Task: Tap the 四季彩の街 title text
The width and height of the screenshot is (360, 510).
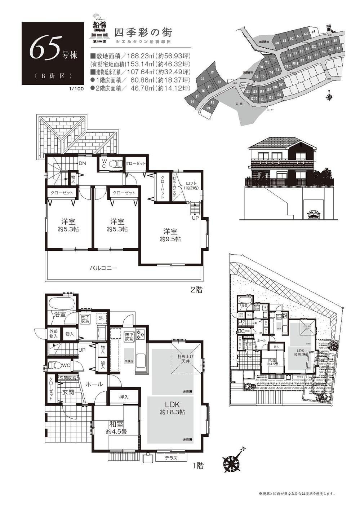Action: click(143, 32)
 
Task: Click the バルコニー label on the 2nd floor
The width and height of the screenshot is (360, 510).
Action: click(103, 268)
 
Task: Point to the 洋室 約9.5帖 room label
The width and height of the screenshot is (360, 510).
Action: click(170, 235)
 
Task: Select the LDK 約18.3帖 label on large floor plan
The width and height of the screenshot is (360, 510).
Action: click(172, 408)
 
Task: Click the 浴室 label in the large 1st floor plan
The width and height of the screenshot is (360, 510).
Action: click(60, 314)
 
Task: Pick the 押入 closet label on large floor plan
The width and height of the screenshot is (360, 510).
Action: click(124, 397)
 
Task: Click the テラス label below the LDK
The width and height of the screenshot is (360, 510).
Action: click(171, 458)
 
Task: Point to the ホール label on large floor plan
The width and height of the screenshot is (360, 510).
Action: click(94, 384)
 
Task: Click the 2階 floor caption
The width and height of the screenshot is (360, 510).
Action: click(196, 290)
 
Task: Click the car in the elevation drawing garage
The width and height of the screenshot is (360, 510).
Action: click(314, 215)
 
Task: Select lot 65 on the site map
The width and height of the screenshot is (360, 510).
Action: click(314, 32)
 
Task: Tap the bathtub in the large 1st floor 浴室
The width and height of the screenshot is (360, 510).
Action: click(61, 302)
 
